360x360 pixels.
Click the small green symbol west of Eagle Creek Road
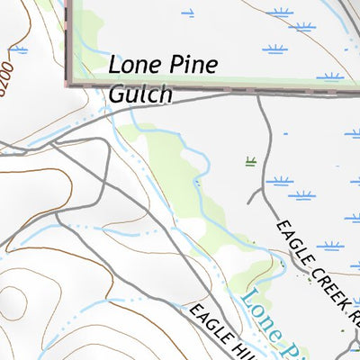click(x=250, y=162)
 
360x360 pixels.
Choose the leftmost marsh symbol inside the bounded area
click(x=187, y=13)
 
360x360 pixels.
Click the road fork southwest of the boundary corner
click(x=54, y=140)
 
